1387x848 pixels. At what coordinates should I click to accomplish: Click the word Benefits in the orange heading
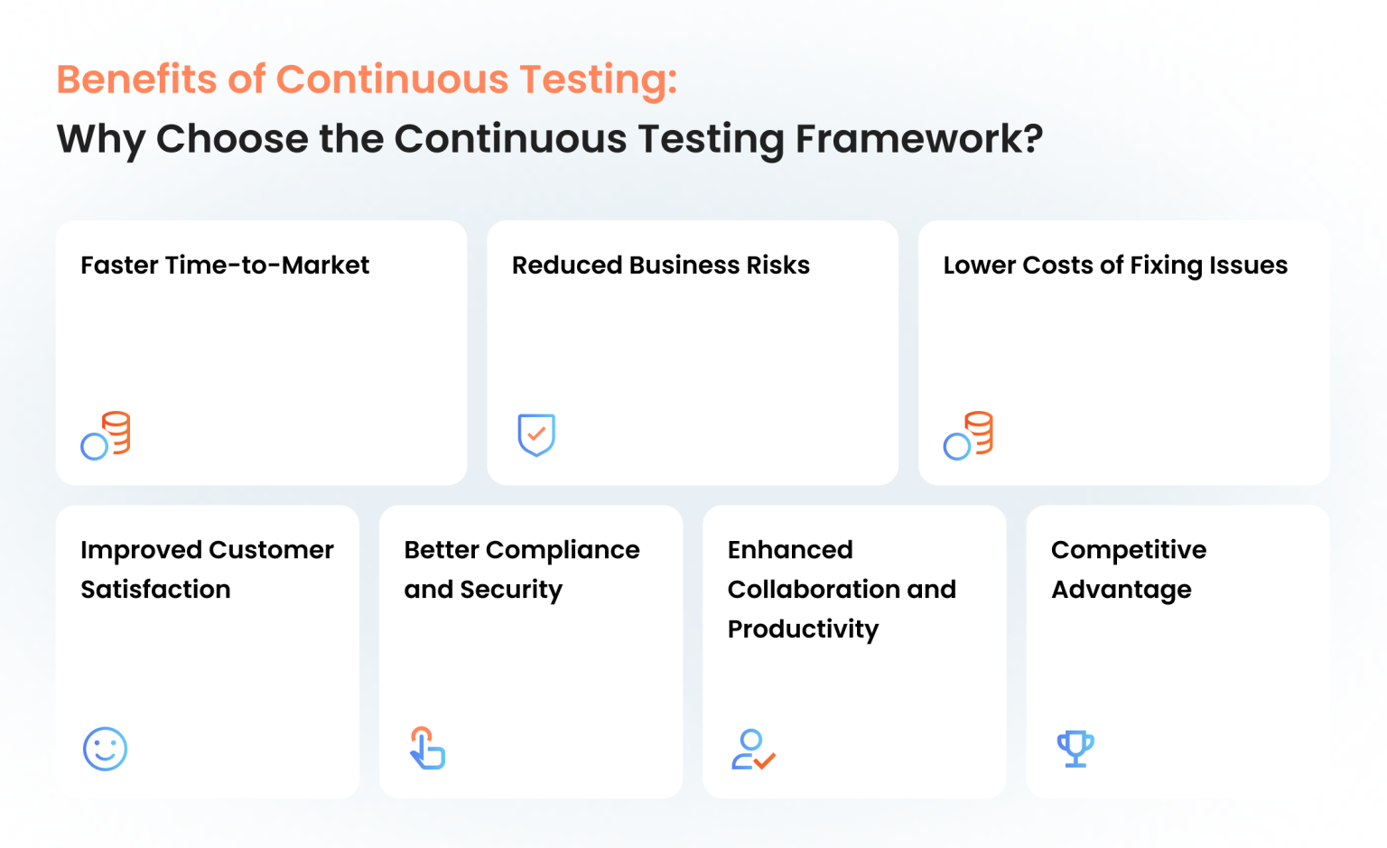click(136, 79)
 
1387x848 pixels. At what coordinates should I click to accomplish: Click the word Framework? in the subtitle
click(918, 139)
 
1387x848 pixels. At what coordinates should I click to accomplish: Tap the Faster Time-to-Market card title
click(225, 266)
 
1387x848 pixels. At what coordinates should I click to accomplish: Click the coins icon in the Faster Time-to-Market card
click(106, 435)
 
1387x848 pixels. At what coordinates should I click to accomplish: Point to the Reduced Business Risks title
click(660, 266)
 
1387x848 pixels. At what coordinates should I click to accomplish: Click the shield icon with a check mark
click(536, 434)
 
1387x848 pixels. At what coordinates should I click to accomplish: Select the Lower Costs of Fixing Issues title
click(1115, 266)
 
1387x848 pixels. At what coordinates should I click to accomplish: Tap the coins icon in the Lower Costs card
click(968, 435)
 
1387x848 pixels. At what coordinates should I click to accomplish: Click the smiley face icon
click(105, 749)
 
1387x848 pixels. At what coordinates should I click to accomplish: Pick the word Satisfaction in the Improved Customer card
click(155, 590)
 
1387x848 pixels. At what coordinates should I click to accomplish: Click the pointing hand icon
click(428, 748)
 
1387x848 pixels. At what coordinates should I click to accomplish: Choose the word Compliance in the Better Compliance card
click(563, 550)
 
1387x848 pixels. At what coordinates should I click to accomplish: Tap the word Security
click(511, 591)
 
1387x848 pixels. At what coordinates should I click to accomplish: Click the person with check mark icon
click(752, 750)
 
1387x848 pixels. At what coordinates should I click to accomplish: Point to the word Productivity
click(803, 629)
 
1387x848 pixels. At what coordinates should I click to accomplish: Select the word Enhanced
click(790, 550)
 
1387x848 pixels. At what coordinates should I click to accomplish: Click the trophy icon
click(1075, 749)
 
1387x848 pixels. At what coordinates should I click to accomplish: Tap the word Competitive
click(1129, 550)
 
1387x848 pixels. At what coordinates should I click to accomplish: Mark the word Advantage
click(1122, 591)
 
